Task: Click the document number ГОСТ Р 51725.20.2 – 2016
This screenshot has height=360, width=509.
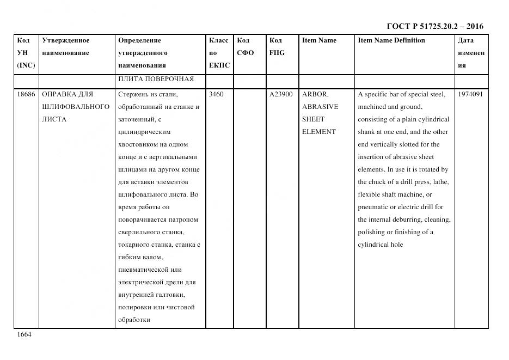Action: coord(434,26)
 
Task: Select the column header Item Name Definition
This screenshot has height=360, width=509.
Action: coord(391,40)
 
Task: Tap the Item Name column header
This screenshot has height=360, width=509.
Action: coord(319,40)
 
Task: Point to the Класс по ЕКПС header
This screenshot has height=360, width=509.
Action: coord(219,53)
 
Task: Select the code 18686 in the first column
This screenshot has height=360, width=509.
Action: coord(26,94)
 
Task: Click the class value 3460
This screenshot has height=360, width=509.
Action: coord(216,94)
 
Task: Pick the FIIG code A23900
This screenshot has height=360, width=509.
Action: coord(281,94)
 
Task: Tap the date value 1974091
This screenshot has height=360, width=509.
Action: coord(470,94)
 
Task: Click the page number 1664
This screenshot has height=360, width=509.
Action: coord(24,334)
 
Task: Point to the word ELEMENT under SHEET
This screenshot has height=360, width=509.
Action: coord(318,132)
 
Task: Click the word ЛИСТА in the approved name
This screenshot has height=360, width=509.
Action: coord(54,119)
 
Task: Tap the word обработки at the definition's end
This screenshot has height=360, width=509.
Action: coord(133,320)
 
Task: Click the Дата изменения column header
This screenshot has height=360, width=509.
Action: coord(470,53)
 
